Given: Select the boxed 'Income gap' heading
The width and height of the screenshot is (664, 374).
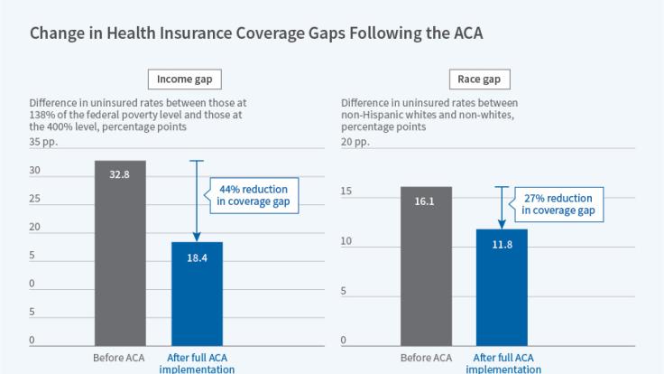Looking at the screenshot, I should [184, 79].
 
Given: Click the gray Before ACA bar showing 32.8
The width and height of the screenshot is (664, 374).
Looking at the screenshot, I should [120, 253].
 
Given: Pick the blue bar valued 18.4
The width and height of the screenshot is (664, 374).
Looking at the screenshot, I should [197, 294].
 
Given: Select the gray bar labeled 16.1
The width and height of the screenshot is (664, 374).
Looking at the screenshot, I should [426, 266].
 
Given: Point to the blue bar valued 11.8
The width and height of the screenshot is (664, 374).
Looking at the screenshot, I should [503, 287].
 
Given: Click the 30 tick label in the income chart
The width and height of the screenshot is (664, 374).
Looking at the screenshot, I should [34, 170].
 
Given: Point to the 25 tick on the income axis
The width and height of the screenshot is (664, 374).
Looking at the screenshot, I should [34, 199].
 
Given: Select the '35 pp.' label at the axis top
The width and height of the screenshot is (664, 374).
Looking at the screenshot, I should [41, 143].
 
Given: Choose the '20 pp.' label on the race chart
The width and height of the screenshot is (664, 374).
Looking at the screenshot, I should [355, 143].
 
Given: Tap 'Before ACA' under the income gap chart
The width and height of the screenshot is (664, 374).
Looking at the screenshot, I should [119, 357].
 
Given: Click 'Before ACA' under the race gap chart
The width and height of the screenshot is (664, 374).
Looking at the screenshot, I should [426, 357].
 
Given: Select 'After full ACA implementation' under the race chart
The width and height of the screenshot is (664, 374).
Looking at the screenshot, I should [503, 362].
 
